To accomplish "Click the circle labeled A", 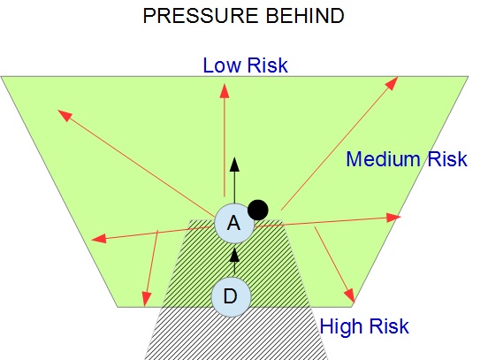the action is pos(234,224).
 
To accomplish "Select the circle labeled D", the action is pos(231,297).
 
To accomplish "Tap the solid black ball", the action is pos(257,210).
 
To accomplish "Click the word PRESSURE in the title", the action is pos(201,16).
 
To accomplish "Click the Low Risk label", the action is pos(245,65).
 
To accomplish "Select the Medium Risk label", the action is pos(407,159).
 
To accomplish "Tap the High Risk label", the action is pos(364,326).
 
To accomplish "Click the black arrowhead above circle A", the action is pos(234,165).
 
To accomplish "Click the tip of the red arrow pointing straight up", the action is pos(225,83).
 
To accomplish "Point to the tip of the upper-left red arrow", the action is pos(57,110).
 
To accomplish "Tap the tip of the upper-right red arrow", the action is pos(398,77).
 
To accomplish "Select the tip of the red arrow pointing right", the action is pos(400,217).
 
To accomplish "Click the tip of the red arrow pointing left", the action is pos(92,240).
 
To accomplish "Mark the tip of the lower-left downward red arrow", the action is pos(145,306).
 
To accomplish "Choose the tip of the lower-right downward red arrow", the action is pos(355,303).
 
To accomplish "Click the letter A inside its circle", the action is pos(234,223).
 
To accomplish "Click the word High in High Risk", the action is pos(342,326).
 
